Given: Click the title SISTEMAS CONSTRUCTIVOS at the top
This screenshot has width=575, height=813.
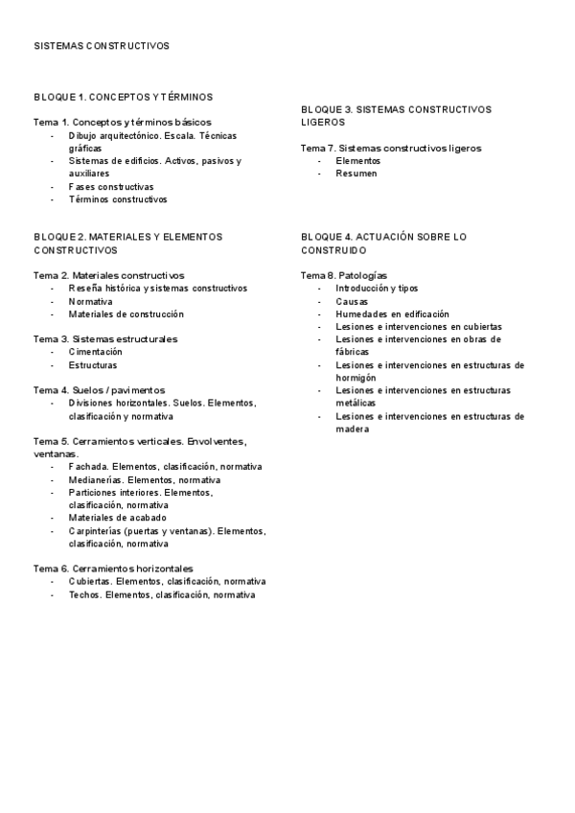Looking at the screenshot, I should (102, 45).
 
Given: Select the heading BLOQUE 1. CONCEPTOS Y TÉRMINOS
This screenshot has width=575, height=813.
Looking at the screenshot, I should (123, 97).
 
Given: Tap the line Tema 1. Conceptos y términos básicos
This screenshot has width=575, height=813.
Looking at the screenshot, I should (123, 123).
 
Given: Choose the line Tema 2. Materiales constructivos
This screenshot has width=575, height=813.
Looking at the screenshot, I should (109, 275).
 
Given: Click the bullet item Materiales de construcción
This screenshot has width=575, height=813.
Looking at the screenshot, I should (126, 314).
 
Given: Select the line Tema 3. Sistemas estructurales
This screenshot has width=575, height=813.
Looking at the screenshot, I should (105, 339).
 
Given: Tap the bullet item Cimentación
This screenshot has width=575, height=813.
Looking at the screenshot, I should (95, 352).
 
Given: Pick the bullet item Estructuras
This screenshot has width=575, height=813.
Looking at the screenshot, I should (93, 365).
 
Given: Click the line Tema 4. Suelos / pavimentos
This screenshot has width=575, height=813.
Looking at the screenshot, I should (100, 390).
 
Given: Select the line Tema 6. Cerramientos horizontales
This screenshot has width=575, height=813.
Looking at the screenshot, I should (113, 569).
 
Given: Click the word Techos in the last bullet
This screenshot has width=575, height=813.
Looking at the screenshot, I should (84, 594).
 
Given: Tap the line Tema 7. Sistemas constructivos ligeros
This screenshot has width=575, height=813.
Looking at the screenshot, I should (391, 149).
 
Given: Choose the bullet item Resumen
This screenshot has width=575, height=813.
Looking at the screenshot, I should (356, 174).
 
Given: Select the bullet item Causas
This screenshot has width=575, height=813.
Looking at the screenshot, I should (352, 301).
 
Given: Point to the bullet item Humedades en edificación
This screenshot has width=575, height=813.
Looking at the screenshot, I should (392, 314).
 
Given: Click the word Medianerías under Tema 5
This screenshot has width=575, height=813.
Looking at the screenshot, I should (96, 479).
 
